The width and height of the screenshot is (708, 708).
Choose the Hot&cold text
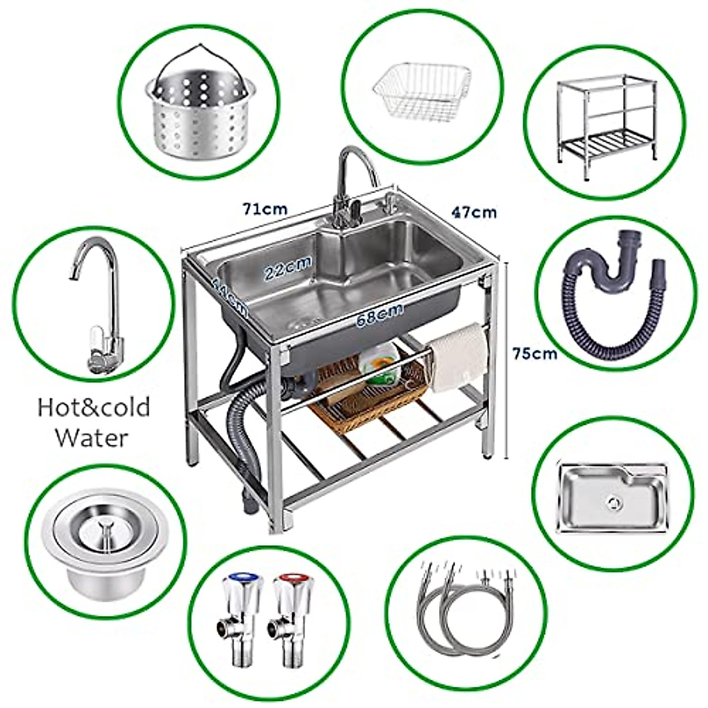(x=94, y=408)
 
